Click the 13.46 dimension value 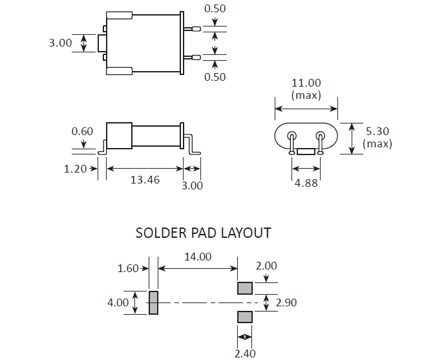(x=145, y=180)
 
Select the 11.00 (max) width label (x=306, y=89)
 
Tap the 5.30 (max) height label (x=377, y=137)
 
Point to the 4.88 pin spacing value (x=306, y=183)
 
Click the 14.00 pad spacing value (x=198, y=257)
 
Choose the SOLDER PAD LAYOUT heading (x=203, y=233)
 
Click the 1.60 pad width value (x=129, y=268)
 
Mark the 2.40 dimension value (x=245, y=352)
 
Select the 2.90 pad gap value (x=286, y=302)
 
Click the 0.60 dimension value (x=82, y=131)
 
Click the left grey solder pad (x=153, y=302)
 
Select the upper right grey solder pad (x=245, y=288)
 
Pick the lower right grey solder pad (x=245, y=317)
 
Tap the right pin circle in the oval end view (x=320, y=136)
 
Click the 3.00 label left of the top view (x=60, y=43)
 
